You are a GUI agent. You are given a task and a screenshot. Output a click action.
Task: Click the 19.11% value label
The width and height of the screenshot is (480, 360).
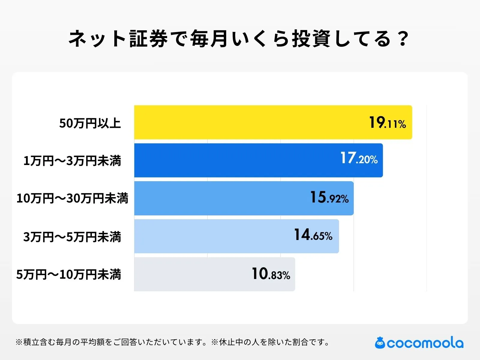tap(387, 123)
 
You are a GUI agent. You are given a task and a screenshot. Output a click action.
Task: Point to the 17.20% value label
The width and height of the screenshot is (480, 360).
tap(359, 158)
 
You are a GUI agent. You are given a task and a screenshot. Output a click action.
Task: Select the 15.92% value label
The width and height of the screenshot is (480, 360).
tap(329, 197)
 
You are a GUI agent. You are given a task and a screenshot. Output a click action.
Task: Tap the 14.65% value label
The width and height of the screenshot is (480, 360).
tap(313, 235)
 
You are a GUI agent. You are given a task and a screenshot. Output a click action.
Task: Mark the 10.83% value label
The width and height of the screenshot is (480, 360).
tap(271, 274)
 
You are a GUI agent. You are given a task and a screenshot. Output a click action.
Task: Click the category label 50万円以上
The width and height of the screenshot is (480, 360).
tap(90, 123)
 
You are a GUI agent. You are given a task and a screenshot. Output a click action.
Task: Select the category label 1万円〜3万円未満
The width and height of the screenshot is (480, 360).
tap(72, 161)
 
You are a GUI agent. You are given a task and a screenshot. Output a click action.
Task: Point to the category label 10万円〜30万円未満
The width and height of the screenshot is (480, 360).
tap(72, 199)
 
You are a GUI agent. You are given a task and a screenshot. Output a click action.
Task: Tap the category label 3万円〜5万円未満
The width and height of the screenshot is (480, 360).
tap(72, 237)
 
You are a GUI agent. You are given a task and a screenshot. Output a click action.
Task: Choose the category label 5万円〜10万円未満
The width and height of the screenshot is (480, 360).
tap(68, 274)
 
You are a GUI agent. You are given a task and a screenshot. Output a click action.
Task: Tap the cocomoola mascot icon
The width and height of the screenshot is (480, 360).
tap(380, 343)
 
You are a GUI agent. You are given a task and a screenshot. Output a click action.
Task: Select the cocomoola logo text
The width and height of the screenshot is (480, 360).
tap(425, 343)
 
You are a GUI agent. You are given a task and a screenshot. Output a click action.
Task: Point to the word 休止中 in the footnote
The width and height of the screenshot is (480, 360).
tap(231, 342)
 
